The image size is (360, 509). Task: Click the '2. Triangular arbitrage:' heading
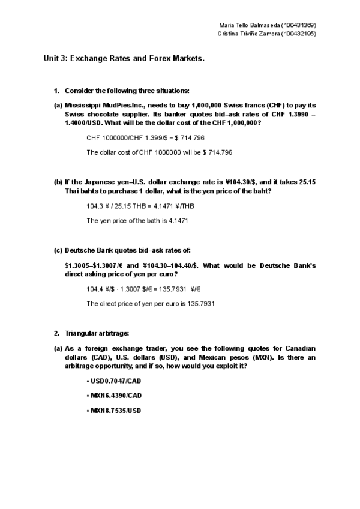pyautogui.click(x=95, y=333)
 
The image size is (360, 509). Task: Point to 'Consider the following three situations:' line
pyautogui.click(x=127, y=91)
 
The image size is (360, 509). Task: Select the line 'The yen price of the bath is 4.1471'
pyautogui.click(x=137, y=220)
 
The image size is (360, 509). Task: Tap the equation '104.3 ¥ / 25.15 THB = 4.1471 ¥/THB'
pyautogui.click(x=140, y=206)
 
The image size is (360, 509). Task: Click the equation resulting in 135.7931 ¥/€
pyautogui.click(x=143, y=289)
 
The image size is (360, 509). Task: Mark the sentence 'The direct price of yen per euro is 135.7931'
pyautogui.click(x=151, y=303)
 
